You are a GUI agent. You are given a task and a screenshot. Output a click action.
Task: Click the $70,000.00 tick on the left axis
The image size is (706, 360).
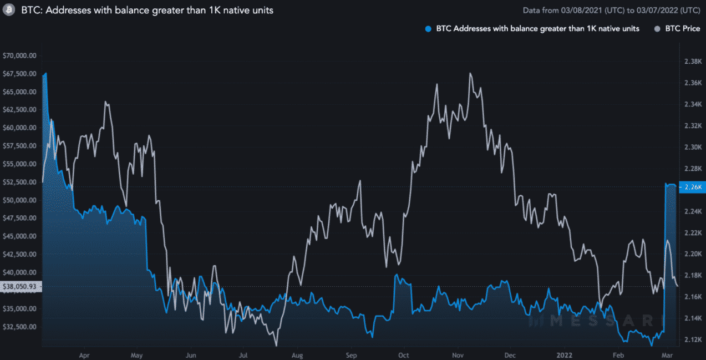tap(20, 55)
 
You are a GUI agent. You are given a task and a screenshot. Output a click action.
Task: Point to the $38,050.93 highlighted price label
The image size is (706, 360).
tap(20, 287)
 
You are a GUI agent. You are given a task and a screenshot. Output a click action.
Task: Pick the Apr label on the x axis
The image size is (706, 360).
tap(84, 353)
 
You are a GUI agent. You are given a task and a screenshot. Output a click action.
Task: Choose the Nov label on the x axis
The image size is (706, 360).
tap(457, 353)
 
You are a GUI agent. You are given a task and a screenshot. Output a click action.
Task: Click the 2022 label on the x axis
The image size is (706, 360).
tap(563, 353)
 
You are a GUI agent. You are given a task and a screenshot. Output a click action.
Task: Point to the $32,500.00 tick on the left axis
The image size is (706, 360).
tap(20, 327)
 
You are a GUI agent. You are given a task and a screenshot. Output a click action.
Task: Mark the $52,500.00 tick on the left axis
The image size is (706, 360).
tap(20, 182)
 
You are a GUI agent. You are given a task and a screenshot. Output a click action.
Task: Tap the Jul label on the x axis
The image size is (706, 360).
tap(243, 353)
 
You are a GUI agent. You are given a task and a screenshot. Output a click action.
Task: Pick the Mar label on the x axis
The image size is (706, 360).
tap(668, 353)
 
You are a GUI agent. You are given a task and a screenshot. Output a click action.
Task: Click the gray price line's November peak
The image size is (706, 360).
tap(470, 73)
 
